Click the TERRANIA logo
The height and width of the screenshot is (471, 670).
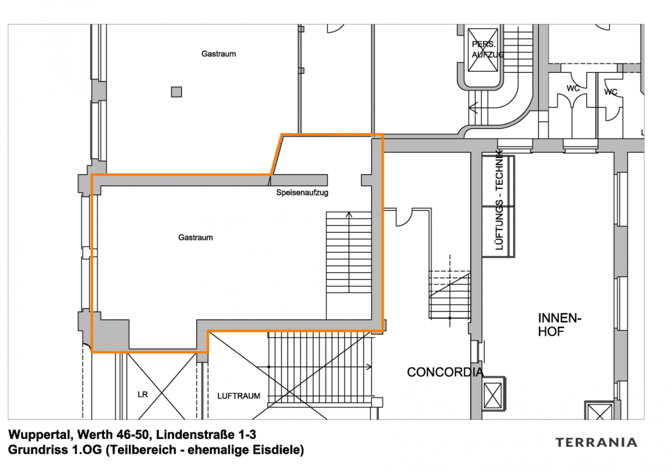click(x=596, y=443)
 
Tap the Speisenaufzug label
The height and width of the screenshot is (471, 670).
click(x=302, y=193)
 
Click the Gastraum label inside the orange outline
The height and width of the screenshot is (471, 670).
click(x=195, y=237)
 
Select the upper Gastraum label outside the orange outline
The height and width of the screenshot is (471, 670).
click(x=219, y=54)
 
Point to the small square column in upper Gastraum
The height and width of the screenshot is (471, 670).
click(x=176, y=92)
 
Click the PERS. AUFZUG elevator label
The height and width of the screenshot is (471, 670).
click(x=487, y=49)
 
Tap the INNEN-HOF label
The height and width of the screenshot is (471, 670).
click(x=559, y=324)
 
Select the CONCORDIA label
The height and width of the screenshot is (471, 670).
click(x=445, y=372)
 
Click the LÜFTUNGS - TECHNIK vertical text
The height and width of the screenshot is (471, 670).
click(x=499, y=201)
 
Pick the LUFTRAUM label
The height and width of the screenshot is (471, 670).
click(x=238, y=396)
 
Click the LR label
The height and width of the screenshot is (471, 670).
click(x=143, y=395)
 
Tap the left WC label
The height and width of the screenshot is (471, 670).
click(x=573, y=88)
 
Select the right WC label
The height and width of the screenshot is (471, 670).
click(x=611, y=92)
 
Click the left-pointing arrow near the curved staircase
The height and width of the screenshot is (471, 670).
click(x=473, y=107)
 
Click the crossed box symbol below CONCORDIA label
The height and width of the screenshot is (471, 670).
click(x=493, y=395)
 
